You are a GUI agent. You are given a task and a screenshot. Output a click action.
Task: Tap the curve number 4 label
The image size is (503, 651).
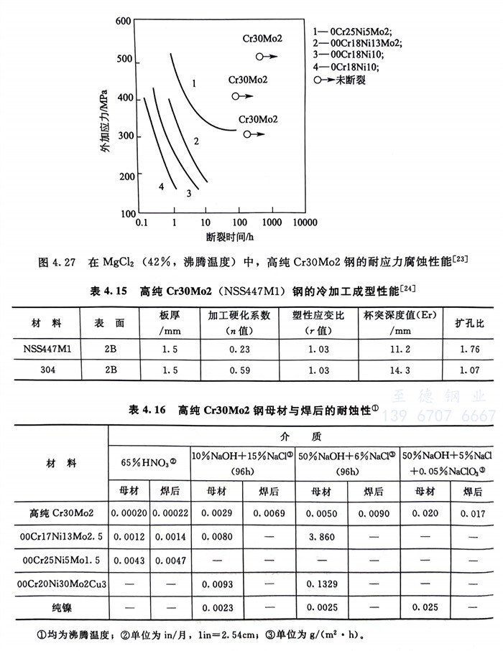click(x=162, y=187)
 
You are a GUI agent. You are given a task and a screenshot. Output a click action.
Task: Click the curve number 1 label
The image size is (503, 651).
click(x=194, y=83)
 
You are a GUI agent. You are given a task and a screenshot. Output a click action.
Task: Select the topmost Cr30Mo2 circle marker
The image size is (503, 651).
click(x=260, y=56)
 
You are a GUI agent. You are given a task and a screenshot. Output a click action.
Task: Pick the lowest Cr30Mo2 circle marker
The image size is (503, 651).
click(x=247, y=134)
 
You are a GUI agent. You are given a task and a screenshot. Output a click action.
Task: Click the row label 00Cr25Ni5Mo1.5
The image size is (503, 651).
click(x=55, y=561)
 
